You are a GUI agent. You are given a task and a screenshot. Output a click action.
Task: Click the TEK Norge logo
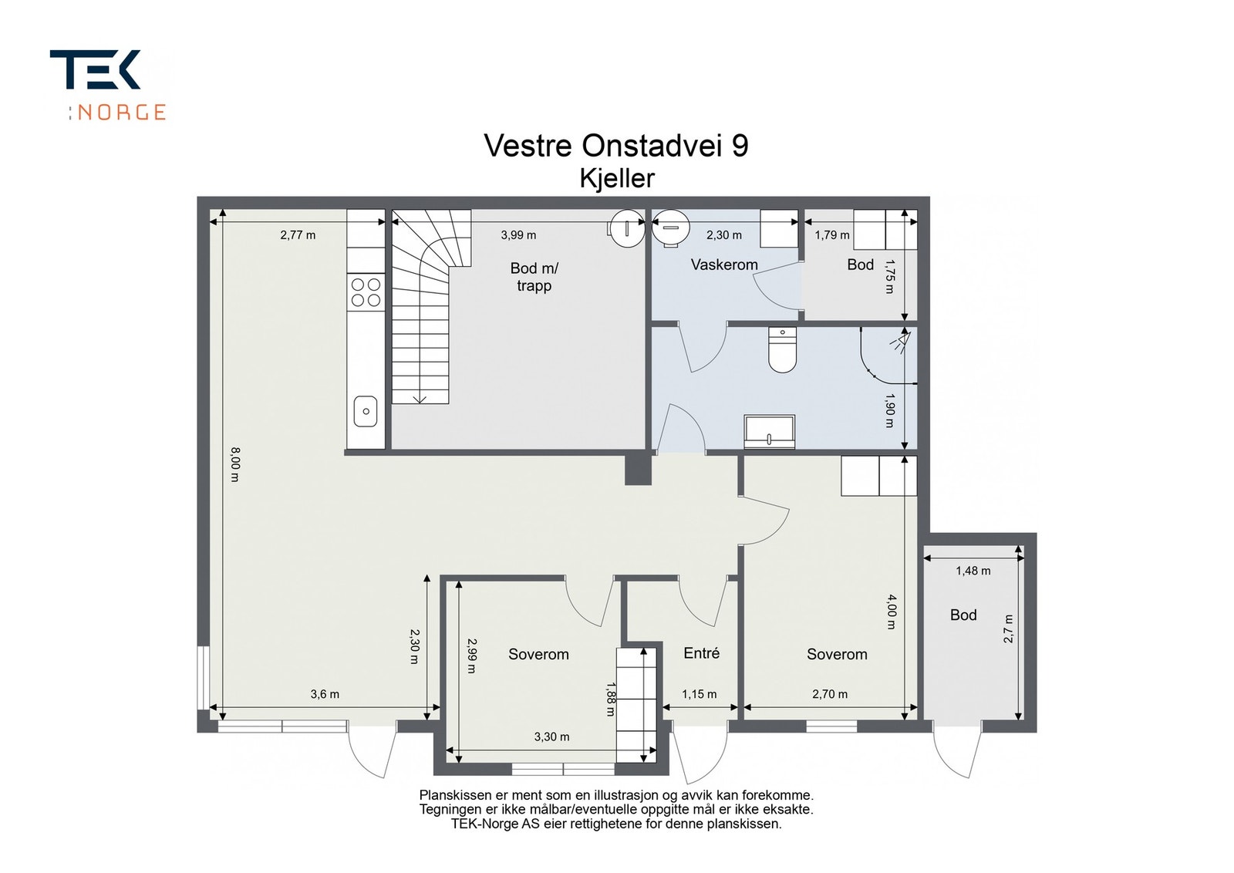pos(108,85)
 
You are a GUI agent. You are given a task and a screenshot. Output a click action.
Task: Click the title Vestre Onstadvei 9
pos(616,146)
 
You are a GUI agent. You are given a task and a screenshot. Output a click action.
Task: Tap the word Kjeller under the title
pos(617,178)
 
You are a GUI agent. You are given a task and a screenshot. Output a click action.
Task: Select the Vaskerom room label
pos(724,265)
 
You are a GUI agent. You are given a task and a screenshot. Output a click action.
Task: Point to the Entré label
pos(701,653)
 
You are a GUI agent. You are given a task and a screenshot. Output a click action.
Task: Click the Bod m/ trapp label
pos(534,277)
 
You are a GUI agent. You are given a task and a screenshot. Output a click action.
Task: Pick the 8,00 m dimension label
pos(234,464)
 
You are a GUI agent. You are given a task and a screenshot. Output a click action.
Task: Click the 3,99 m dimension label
pos(518,235)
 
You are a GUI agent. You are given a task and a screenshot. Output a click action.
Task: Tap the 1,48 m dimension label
pos(973,571)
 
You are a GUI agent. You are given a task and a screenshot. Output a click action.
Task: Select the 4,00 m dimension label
pos(892,612)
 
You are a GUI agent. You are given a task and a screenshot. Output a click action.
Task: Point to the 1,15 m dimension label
pos(699,695)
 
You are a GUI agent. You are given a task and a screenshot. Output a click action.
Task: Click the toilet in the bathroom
pos(782,350)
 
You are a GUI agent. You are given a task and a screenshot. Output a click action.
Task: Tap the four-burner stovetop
pos(366,292)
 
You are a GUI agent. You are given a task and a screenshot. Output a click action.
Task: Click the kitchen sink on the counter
pos(366,412)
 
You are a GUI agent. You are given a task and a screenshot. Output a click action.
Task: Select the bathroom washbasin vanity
pos(770,431)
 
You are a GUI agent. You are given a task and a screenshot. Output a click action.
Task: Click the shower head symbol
pos(899,341)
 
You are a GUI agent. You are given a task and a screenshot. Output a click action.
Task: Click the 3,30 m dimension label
pos(551,737)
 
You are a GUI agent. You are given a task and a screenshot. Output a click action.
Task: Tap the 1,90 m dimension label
pos(889,410)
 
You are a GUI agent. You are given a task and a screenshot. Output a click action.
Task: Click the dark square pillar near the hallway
pos(638,470)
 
